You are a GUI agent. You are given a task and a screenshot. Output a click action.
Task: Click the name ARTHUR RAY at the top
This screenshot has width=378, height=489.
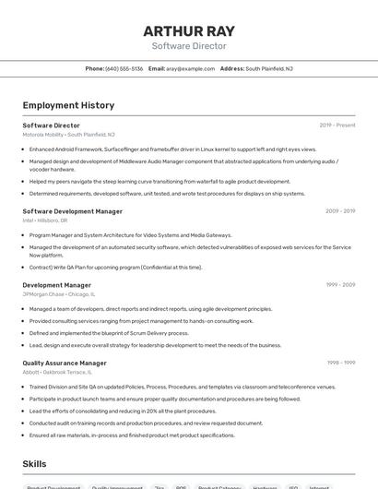pyautogui.click(x=189, y=31)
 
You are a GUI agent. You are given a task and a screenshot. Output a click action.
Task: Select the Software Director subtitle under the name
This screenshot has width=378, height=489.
pyautogui.click(x=189, y=46)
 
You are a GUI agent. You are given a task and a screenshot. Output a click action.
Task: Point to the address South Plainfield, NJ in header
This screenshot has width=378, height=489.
pyautogui.click(x=269, y=68)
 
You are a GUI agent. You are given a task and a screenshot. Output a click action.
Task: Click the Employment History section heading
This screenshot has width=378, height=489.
pyautogui.click(x=68, y=105)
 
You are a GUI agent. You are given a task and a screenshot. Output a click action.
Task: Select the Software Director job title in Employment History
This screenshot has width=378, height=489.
pyautogui.click(x=51, y=125)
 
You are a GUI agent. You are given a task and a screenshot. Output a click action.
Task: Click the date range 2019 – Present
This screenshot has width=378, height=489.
pyautogui.click(x=337, y=125)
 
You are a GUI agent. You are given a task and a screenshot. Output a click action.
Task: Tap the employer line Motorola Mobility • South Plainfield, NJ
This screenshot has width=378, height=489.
pyautogui.click(x=68, y=135)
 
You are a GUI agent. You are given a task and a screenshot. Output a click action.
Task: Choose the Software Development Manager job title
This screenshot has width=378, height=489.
pyautogui.click(x=72, y=211)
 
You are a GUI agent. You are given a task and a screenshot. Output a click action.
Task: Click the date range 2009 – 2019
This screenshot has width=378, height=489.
pyautogui.click(x=340, y=211)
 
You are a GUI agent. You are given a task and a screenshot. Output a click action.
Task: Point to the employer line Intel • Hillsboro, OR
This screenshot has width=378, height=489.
pyautogui.click(x=44, y=221)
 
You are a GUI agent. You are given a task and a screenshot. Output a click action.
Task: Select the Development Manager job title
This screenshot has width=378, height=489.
pyautogui.click(x=56, y=285)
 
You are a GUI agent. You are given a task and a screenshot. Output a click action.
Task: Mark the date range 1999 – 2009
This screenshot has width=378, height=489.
pyautogui.click(x=340, y=285)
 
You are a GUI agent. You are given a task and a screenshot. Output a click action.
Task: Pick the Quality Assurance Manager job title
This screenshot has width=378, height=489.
pyautogui.click(x=65, y=364)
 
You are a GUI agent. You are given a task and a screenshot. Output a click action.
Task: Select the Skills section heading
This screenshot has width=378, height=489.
pyautogui.click(x=35, y=464)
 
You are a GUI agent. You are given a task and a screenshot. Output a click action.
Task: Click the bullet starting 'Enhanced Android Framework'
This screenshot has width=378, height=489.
pyautogui.click(x=172, y=149)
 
